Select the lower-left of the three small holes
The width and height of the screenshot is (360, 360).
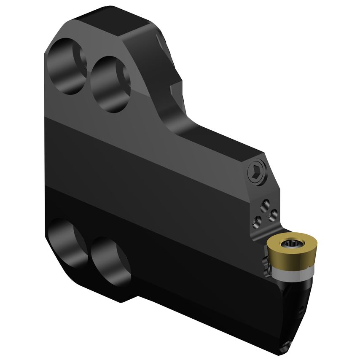(255, 220)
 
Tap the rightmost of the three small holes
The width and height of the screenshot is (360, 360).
(273, 215)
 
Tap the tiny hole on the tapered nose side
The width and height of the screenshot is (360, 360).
(300, 310)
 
